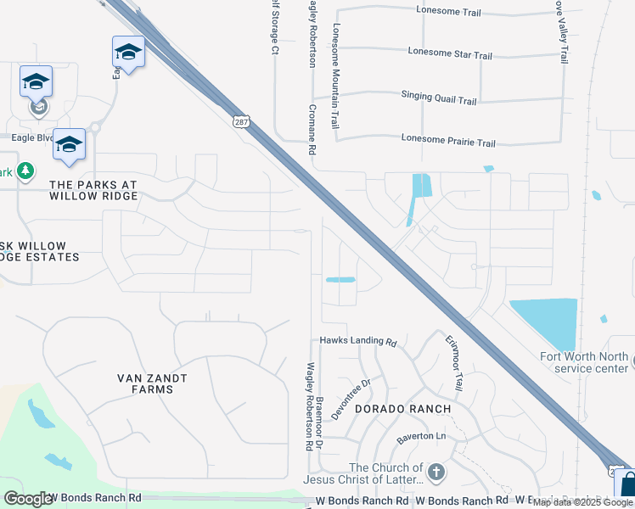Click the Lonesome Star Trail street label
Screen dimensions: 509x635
point(449,55)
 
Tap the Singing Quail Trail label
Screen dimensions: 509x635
point(439,99)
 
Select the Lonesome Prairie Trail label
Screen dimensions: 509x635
point(448,143)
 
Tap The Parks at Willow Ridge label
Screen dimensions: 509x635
point(93,190)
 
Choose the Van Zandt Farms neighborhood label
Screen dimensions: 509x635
point(152,383)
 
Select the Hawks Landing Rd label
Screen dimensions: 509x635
point(358,342)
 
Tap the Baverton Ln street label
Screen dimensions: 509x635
point(421,438)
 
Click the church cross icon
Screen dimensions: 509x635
point(436,472)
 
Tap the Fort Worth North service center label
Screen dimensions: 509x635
point(585,362)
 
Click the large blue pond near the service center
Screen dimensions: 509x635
point(548,322)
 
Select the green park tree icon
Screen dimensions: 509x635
point(25,171)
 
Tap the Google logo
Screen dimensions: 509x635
point(28,498)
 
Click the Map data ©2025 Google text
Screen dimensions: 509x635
point(582,502)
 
